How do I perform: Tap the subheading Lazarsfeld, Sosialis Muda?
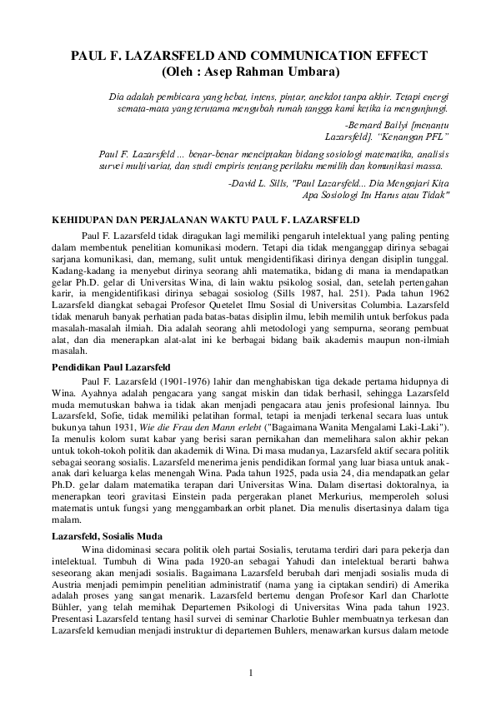click(107, 536)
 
